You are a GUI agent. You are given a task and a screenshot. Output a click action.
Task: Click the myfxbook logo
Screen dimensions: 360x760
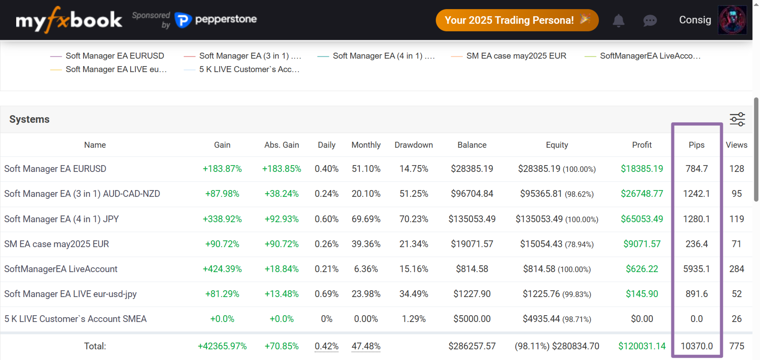68,20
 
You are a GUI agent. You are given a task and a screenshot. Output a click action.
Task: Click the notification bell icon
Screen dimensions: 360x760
618,20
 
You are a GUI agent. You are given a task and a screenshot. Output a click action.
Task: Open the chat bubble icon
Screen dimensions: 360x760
650,20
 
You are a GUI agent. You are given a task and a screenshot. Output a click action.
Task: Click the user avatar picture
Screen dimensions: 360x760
732,20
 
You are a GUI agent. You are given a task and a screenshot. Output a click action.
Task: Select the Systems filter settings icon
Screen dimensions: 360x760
737,119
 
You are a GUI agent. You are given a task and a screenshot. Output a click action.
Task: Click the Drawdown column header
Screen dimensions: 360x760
414,145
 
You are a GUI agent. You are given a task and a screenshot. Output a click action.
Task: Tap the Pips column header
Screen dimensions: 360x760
696,145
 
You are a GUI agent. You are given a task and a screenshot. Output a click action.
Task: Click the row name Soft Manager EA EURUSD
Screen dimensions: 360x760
55,169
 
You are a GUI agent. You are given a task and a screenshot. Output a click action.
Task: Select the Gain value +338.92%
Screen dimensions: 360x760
222,219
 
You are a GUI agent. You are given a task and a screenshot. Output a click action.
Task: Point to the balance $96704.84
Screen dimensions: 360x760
472,194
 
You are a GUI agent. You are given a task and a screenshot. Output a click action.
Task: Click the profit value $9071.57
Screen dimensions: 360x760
642,244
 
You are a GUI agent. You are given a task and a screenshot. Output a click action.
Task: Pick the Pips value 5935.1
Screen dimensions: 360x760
696,269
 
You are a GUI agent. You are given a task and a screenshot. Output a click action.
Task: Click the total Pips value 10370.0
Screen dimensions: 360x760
696,346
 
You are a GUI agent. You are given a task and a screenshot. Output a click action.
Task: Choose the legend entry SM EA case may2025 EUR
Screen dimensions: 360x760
516,56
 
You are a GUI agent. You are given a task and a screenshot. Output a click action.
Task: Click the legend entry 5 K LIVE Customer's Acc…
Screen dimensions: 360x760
249,69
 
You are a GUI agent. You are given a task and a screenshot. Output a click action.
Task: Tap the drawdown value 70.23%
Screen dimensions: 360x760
414,219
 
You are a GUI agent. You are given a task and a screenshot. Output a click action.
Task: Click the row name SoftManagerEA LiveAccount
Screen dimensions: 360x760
61,269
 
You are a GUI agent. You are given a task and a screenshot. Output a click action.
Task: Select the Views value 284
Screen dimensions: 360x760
736,269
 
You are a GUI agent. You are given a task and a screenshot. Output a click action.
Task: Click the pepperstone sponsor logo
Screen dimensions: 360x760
216,19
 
